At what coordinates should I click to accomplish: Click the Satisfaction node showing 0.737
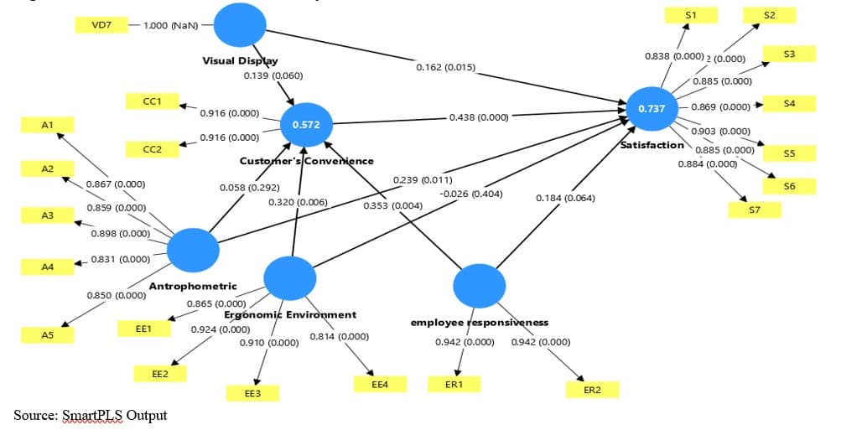(x=652, y=109)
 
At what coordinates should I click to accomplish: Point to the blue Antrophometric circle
(x=193, y=249)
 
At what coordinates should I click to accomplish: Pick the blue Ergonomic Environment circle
(x=289, y=278)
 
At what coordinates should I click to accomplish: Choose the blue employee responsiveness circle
(x=479, y=287)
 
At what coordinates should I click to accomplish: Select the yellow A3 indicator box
(x=48, y=216)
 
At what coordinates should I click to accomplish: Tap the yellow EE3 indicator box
(x=252, y=393)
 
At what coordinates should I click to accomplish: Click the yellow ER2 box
(x=592, y=390)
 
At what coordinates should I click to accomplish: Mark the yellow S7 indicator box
(x=754, y=210)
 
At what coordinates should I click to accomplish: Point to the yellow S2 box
(x=770, y=15)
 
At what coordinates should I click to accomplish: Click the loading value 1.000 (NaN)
(x=171, y=25)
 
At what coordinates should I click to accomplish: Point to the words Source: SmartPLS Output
(x=91, y=416)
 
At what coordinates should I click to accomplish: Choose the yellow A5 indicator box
(x=48, y=334)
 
